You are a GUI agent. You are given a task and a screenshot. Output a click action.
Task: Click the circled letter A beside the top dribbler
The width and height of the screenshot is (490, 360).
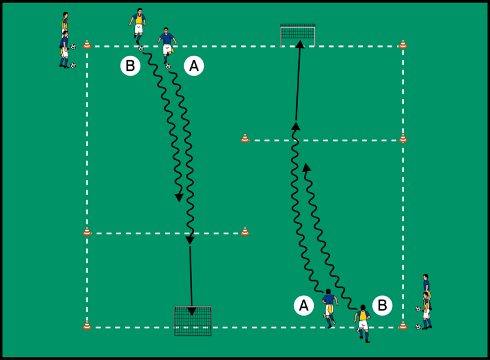[193, 66]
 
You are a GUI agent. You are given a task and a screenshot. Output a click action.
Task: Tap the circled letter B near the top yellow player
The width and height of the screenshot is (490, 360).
[130, 66]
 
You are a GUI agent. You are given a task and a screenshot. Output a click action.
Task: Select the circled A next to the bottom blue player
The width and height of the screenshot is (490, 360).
[304, 305]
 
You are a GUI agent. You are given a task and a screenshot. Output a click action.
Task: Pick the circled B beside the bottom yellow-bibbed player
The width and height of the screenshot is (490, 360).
[382, 305]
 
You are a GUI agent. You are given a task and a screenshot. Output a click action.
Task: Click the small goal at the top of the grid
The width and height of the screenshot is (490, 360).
[298, 35]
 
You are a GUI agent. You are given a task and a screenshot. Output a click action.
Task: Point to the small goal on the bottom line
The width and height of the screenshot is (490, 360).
[193, 320]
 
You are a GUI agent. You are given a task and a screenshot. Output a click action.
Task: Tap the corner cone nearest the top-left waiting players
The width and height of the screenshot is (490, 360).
[87, 44]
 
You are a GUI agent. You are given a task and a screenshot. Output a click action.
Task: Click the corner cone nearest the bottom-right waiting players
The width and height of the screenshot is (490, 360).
[403, 326]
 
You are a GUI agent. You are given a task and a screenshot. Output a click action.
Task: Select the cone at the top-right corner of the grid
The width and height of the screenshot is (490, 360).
[403, 44]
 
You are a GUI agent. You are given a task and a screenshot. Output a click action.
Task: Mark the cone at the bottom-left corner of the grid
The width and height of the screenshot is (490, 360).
[87, 326]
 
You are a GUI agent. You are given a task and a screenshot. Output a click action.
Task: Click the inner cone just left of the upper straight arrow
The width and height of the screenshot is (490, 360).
[245, 139]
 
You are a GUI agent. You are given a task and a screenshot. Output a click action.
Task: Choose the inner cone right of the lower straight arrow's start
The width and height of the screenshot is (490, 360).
[245, 231]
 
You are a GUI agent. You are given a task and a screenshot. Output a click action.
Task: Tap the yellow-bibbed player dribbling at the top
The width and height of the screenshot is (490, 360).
[139, 25]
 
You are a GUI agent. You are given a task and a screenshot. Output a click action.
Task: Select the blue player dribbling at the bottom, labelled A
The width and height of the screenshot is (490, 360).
[329, 307]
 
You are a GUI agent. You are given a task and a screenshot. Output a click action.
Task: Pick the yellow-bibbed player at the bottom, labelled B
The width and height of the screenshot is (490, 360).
[363, 323]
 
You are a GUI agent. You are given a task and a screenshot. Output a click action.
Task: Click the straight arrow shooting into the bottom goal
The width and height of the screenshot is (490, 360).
[191, 276]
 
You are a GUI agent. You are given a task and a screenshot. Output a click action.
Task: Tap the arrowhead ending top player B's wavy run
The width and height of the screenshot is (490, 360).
[179, 197]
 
